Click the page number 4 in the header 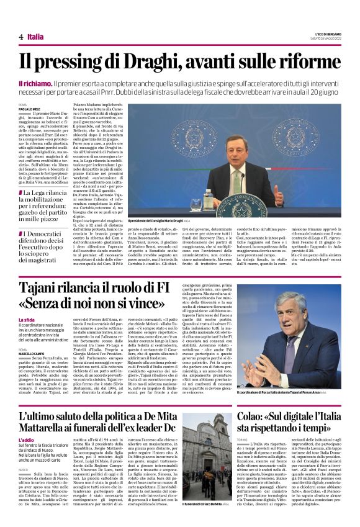(20, 37)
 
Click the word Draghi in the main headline (164, 62)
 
